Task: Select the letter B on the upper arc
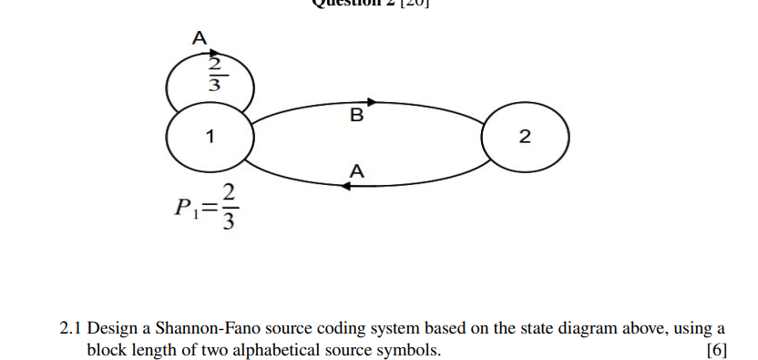click(356, 117)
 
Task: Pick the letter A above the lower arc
click(356, 170)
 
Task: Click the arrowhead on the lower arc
click(346, 186)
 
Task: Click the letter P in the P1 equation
click(179, 208)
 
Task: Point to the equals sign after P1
click(208, 209)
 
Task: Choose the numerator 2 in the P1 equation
click(229, 193)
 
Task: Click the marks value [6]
click(716, 350)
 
